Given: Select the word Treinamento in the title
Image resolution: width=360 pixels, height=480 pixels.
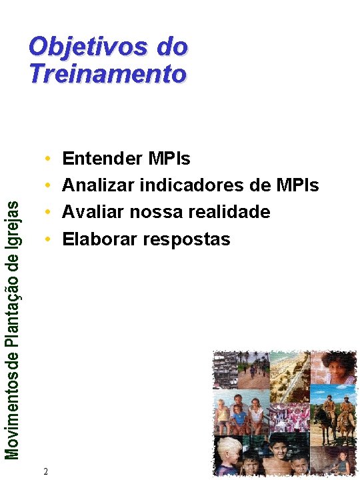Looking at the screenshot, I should pos(107,73).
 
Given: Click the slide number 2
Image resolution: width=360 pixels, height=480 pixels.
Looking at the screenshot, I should pos(45,471).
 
